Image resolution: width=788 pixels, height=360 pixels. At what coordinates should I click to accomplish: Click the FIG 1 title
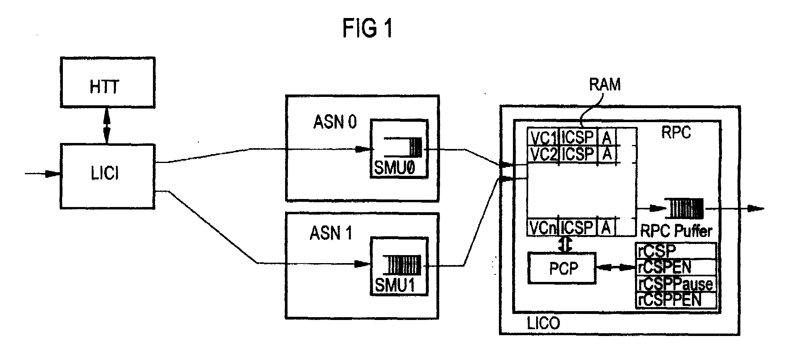coord(367,29)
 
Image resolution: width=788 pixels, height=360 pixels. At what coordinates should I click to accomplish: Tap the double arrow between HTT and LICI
coord(107,126)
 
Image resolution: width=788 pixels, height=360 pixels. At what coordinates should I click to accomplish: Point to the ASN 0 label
coord(335,122)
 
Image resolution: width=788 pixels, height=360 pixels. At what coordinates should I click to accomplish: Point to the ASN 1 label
coord(331,233)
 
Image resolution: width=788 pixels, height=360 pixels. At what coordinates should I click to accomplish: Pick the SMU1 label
coord(395,286)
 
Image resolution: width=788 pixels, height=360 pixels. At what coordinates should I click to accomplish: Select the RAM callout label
coord(605,84)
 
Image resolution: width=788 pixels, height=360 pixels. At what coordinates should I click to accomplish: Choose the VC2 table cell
coord(543,154)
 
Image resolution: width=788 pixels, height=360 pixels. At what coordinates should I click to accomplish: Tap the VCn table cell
coord(543,227)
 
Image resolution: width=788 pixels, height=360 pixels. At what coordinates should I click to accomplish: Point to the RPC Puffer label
coord(676,231)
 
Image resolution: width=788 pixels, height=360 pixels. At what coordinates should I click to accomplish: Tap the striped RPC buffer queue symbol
coord(684,209)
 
